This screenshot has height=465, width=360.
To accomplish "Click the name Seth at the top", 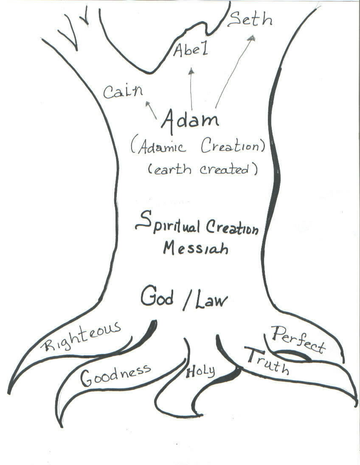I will point(250,20).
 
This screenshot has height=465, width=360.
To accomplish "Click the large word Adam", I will point(190,120).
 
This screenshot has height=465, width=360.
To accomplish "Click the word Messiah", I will point(196,247).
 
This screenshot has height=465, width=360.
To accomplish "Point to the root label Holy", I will point(200,372).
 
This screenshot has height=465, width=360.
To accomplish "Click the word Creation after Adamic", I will point(233,147).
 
